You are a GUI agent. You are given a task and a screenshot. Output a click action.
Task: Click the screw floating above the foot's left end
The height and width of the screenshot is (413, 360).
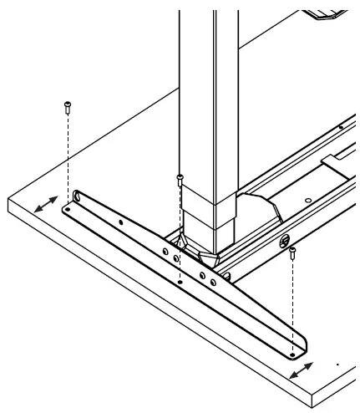67,106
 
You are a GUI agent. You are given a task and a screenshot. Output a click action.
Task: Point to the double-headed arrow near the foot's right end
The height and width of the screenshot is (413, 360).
302,370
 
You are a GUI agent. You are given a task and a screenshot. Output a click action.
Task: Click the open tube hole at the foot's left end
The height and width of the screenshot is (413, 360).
77,197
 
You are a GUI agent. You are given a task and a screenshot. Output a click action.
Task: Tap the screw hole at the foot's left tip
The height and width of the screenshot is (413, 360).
66,212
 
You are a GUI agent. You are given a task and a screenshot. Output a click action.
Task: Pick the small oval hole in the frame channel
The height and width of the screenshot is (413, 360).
309,200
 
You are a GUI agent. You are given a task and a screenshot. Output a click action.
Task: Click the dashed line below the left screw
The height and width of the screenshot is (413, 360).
67,159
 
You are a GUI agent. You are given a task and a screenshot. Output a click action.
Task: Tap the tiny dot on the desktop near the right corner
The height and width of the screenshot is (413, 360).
337,365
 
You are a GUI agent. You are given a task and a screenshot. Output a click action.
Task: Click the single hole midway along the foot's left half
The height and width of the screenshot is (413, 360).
122,222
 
